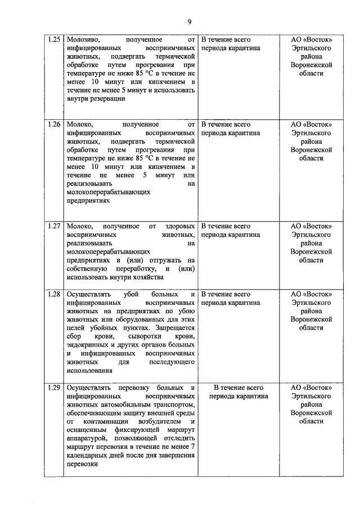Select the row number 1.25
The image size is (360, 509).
pyautogui.click(x=54, y=40)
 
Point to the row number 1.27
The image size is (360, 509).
pyautogui.click(x=54, y=226)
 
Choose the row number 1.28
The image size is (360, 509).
pyautogui.click(x=54, y=294)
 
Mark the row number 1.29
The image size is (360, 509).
pyautogui.click(x=54, y=388)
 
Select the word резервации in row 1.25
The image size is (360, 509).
pyautogui.click(x=106, y=98)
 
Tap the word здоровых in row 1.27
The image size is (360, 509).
pyautogui.click(x=182, y=226)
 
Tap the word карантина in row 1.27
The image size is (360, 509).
pyautogui.click(x=243, y=235)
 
